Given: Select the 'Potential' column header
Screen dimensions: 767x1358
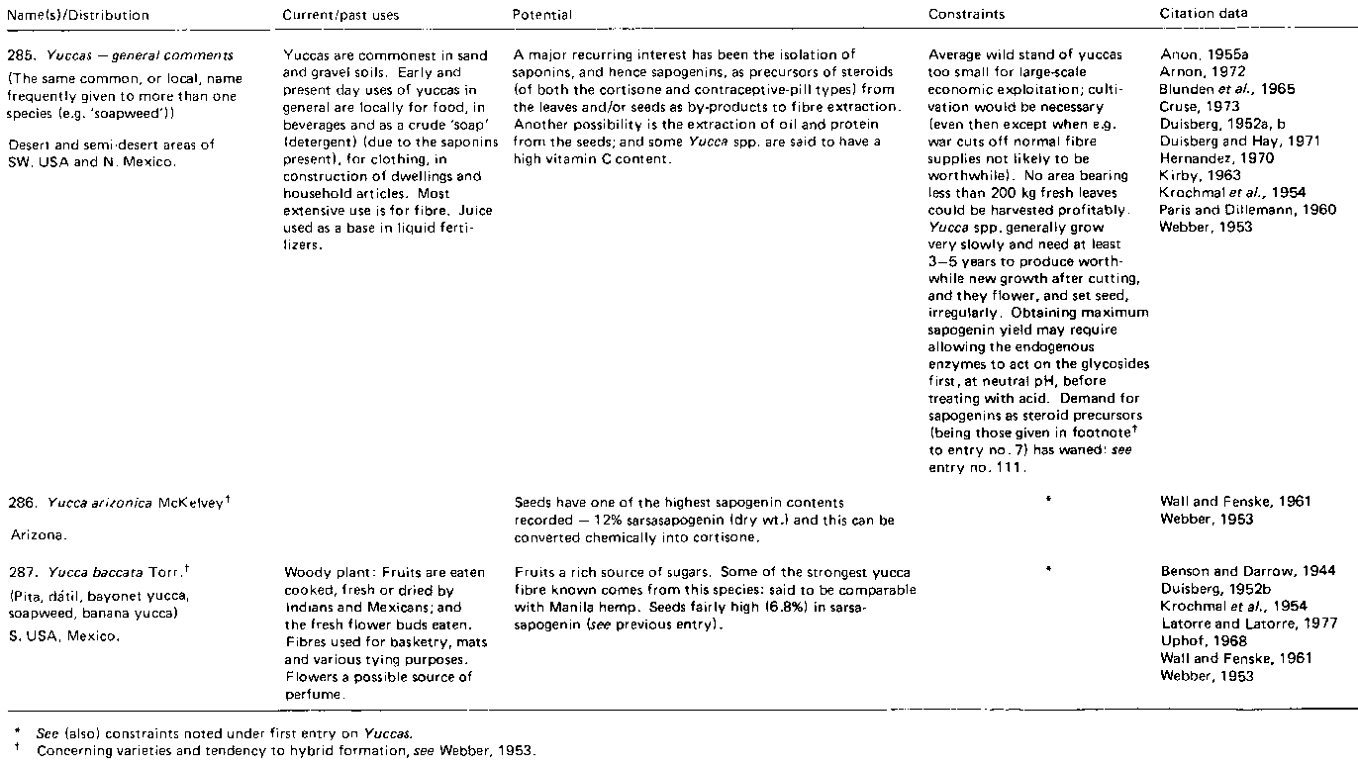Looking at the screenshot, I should pos(542,15).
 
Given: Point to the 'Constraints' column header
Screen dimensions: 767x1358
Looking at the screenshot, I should pos(966,15).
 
